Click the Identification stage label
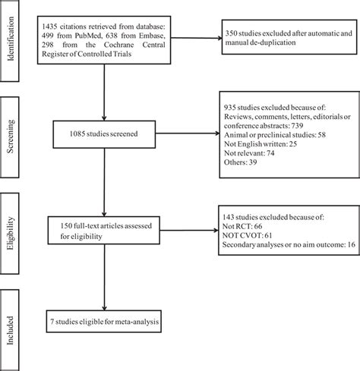click(x=9, y=39)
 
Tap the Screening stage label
click(x=9, y=137)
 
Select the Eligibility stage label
click(x=9, y=233)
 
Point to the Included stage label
click(x=9, y=330)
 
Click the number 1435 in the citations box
click(x=50, y=27)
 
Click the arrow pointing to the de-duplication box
click(x=196, y=38)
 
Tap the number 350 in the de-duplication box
click(x=231, y=33)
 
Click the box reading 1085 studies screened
click(x=104, y=134)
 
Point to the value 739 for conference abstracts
click(x=297, y=125)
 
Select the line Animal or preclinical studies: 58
click(x=275, y=134)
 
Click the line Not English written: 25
click(x=261, y=143)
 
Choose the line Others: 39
click(x=240, y=162)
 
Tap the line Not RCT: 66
click(x=242, y=226)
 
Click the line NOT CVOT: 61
click(x=247, y=235)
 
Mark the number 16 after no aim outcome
click(x=351, y=244)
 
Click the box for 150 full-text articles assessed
click(x=104, y=230)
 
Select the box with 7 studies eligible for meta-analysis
click(x=104, y=321)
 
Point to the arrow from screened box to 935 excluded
click(x=188, y=134)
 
